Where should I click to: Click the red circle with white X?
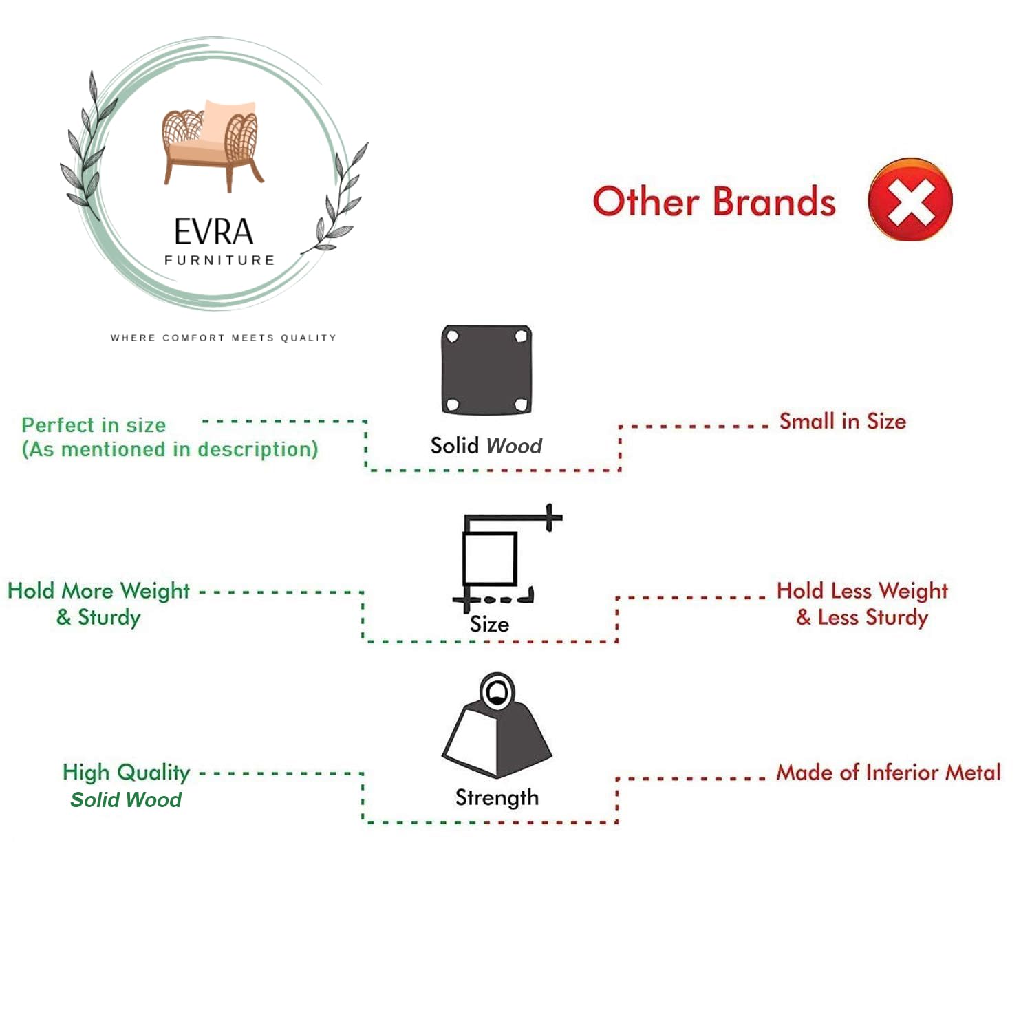point(910,200)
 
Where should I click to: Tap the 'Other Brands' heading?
point(714,202)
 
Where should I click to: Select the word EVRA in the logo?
point(213,232)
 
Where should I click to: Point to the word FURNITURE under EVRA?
point(219,260)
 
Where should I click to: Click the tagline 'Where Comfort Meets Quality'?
point(224,338)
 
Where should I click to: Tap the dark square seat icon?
point(486,370)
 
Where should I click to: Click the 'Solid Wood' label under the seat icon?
point(486,446)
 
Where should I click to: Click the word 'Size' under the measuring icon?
point(489,624)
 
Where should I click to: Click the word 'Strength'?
point(497,797)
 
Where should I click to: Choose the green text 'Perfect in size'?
point(94,424)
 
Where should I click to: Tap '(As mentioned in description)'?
point(170,449)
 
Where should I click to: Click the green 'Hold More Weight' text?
point(98,590)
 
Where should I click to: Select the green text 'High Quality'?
point(126,772)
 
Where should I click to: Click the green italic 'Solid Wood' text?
point(126,799)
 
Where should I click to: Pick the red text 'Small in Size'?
point(842,421)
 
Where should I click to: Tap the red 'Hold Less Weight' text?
point(862,590)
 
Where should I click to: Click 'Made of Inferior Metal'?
point(888,772)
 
